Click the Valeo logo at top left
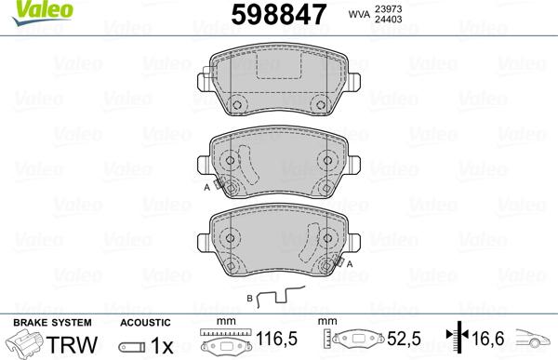pyautogui.click(x=27, y=10)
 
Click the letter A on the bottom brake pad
pyautogui.click(x=350, y=262)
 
